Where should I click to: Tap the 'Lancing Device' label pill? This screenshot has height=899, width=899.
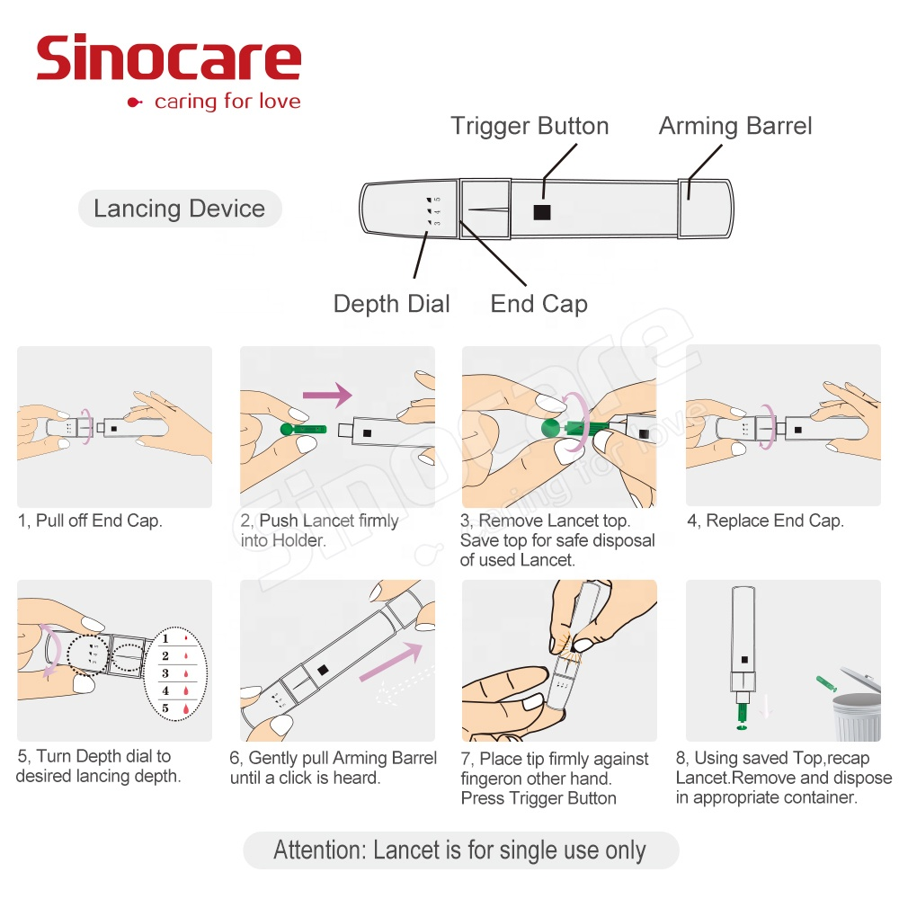pos(179,209)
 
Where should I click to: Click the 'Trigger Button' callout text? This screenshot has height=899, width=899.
pos(530,126)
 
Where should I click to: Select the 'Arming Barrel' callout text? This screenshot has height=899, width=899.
pos(735,126)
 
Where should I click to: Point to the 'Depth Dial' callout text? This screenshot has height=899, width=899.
pos(391,304)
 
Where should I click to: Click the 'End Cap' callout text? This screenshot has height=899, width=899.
pos(539,304)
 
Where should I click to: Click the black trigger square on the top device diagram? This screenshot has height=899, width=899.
pos(541,212)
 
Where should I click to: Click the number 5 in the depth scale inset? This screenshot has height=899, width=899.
pos(165,708)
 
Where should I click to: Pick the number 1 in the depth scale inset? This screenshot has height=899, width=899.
pos(165,638)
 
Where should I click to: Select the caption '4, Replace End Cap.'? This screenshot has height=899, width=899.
pos(765,521)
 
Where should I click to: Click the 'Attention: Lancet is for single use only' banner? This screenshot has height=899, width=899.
pos(459,850)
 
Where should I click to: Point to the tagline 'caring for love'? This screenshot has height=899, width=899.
pos(227,102)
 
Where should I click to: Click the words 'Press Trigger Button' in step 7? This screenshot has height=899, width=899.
pos(539,798)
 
